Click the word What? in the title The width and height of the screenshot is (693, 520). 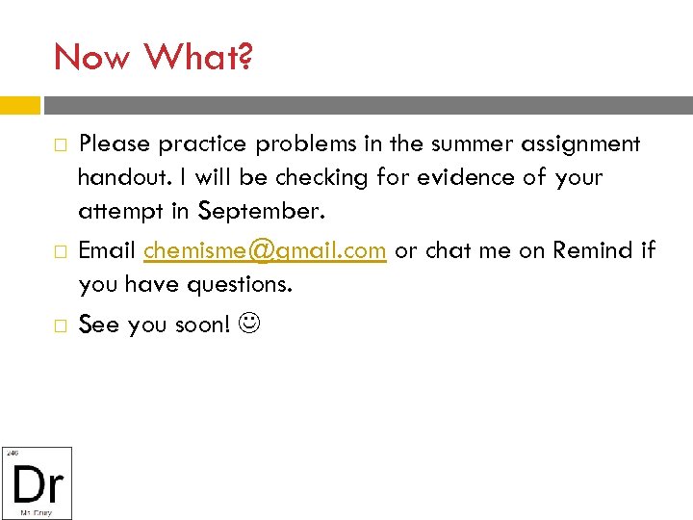pos(198,58)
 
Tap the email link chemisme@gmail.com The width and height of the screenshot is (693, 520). pos(266,250)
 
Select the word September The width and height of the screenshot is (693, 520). pos(258,209)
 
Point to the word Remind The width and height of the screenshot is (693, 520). pos(590,250)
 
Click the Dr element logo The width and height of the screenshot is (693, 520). pos(37,483)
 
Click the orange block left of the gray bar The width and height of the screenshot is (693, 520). pos(20,105)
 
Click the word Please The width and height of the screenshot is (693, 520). pos(115,144)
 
